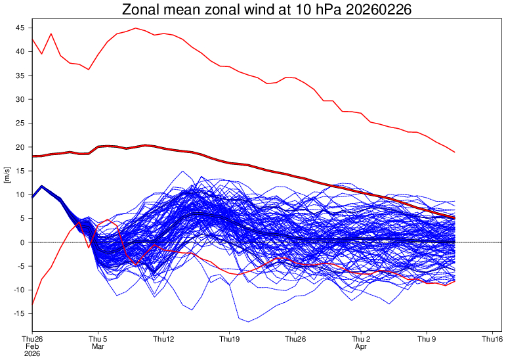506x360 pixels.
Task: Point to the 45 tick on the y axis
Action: tap(21, 28)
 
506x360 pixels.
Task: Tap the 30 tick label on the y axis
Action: tap(21, 99)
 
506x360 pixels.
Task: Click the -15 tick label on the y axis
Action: tap(20, 314)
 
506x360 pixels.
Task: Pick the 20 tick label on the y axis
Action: tap(21, 147)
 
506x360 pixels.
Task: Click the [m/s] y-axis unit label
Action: tap(7, 175)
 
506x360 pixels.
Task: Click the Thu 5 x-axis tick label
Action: tap(98, 339)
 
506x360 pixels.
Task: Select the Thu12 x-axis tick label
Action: tap(164, 339)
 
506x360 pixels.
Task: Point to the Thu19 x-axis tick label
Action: tap(230, 339)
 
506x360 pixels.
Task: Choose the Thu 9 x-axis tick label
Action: tap(427, 339)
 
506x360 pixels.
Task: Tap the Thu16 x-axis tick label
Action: tap(493, 339)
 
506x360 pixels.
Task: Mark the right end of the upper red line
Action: tap(455, 152)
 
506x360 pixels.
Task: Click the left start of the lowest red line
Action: tap(32, 304)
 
